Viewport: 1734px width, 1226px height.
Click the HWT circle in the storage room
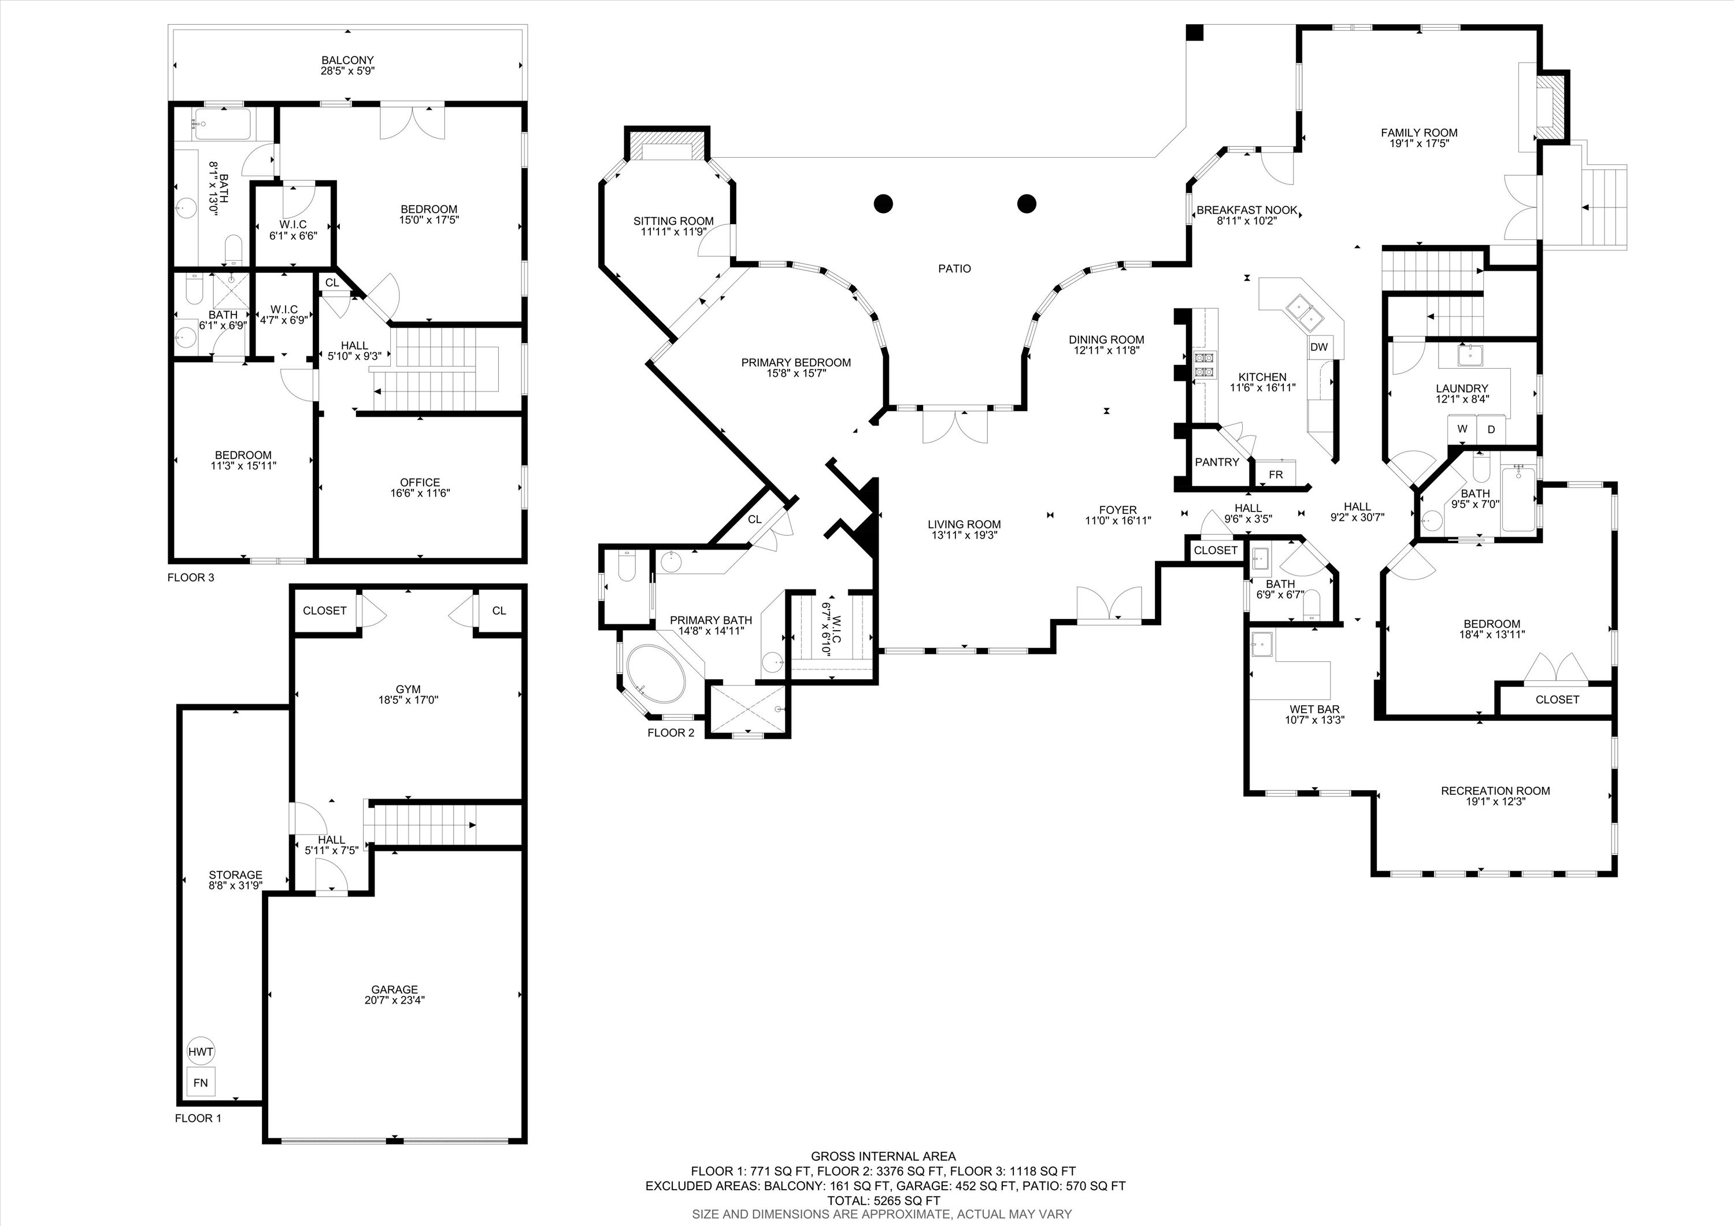[x=200, y=1051]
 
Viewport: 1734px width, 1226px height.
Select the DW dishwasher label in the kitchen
[x=1318, y=347]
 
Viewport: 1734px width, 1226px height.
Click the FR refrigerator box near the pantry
[x=1276, y=475]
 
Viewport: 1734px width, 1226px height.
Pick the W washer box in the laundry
[x=1462, y=429]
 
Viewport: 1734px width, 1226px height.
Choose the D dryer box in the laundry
[x=1491, y=429]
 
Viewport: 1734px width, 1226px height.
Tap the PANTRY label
[x=1217, y=461]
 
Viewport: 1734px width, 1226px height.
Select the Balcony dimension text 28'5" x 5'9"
[x=347, y=71]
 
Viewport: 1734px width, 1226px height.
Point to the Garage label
[x=394, y=989]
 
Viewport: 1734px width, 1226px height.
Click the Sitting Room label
[x=673, y=221]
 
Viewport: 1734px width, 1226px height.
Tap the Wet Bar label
[x=1314, y=709]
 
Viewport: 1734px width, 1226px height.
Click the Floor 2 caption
[x=670, y=733]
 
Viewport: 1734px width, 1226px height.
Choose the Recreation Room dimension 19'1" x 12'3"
[x=1495, y=802]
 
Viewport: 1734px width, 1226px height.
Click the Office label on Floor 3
[x=420, y=482]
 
